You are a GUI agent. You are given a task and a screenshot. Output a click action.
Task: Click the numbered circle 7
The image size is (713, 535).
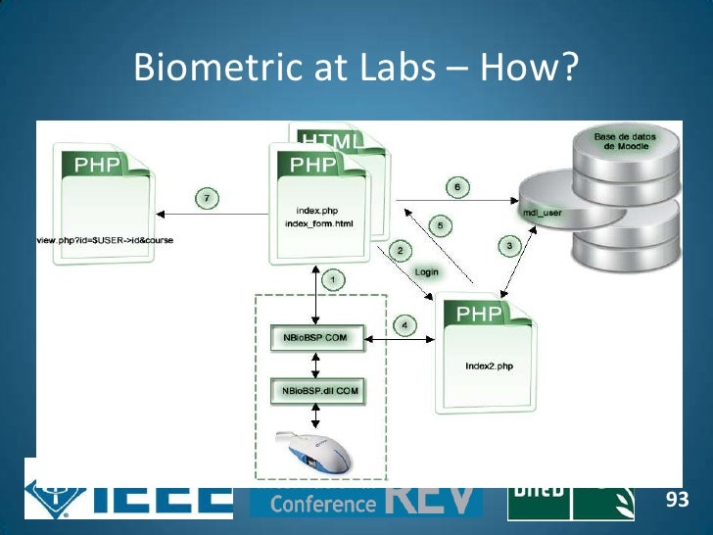point(207,198)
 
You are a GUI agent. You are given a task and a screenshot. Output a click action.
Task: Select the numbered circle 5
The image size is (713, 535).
point(440,226)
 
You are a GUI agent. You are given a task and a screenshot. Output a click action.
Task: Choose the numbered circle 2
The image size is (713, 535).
point(400,251)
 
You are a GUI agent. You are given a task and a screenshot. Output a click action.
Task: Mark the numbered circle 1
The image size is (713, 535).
point(333,280)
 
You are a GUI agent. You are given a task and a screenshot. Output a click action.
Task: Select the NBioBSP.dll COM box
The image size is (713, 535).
point(315,392)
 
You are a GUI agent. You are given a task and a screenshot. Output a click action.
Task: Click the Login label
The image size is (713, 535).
point(426,271)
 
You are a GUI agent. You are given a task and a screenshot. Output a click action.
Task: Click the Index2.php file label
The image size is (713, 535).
point(486,367)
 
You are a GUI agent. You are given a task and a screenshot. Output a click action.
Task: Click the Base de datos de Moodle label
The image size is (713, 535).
point(624,139)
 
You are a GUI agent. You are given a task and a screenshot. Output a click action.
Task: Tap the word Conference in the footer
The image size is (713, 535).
point(309,504)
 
